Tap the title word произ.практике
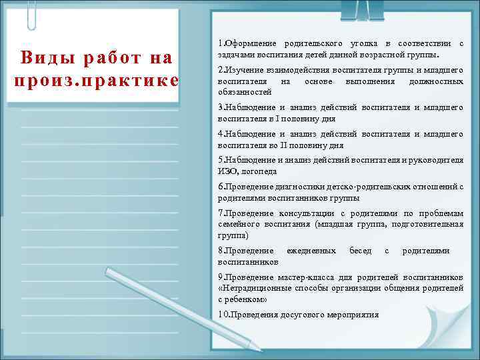coord(93,81)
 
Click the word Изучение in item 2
coord(246,70)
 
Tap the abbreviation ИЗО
coord(227,171)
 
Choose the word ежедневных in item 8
coord(311,251)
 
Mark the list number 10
coord(223,315)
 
